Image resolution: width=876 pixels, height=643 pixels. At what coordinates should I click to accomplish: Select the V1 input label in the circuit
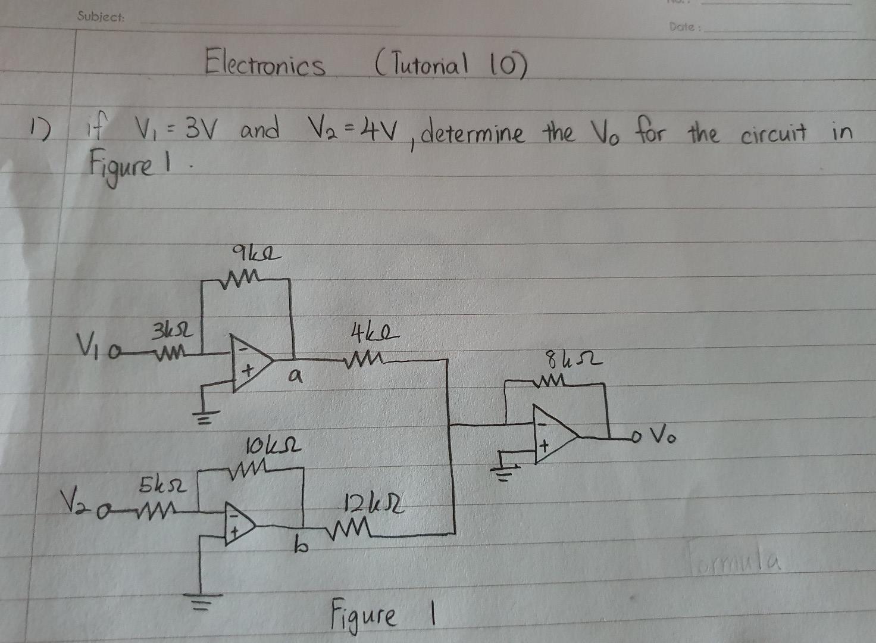pos(87,344)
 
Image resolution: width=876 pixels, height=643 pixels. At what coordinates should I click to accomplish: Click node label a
pos(294,377)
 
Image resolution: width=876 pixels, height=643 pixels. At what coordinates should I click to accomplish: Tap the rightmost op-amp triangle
pos(553,435)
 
